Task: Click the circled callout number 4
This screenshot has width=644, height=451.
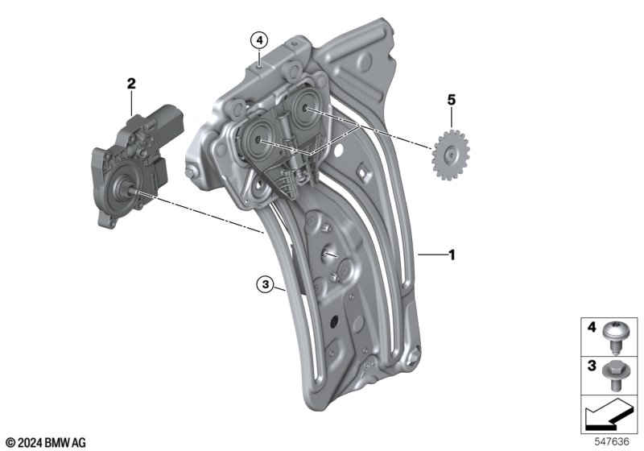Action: (x=259, y=40)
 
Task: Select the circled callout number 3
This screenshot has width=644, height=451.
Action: (x=266, y=284)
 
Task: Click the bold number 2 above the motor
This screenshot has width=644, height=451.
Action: (x=131, y=84)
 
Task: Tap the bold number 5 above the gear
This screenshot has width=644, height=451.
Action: (x=452, y=100)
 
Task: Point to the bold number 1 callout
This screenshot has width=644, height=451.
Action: (x=452, y=255)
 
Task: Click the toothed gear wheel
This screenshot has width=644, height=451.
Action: (x=451, y=155)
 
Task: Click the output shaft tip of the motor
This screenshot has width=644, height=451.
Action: (x=135, y=192)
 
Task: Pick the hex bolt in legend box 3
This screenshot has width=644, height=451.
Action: (x=612, y=376)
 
